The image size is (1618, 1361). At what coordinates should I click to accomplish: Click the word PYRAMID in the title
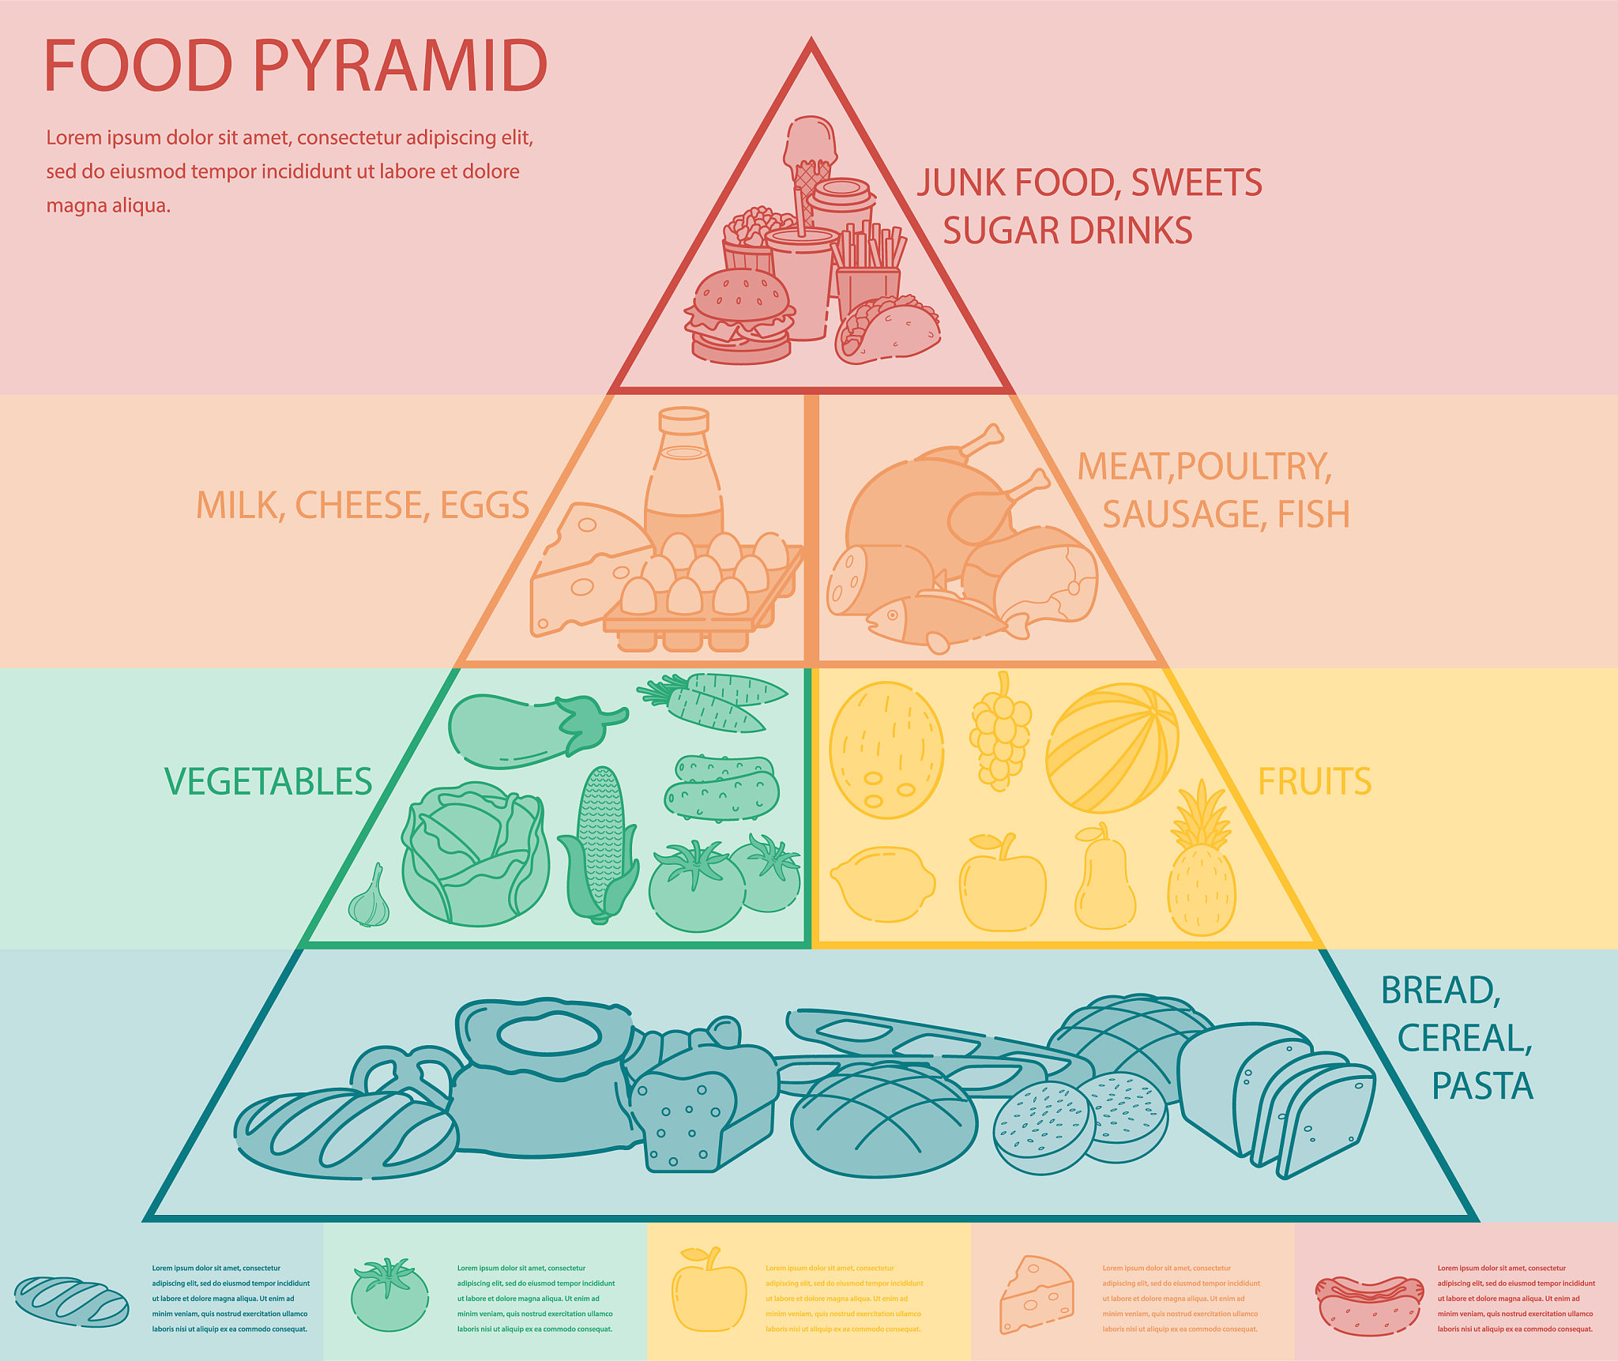[400, 66]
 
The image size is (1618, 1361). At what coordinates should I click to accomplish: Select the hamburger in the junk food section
[739, 316]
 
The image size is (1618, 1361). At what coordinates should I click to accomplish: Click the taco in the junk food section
[887, 329]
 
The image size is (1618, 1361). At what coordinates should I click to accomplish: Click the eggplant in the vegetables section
[538, 729]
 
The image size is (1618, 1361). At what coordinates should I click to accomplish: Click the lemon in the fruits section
[882, 884]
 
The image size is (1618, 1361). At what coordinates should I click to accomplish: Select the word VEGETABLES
[269, 782]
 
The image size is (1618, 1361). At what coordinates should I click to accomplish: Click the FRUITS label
[1315, 782]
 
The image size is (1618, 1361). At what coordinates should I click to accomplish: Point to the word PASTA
[1482, 1086]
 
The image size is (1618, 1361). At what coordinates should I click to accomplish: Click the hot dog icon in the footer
[1369, 1305]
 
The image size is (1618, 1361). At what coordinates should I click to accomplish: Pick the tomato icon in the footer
[389, 1295]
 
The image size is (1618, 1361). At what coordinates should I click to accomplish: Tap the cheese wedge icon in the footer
[1037, 1295]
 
